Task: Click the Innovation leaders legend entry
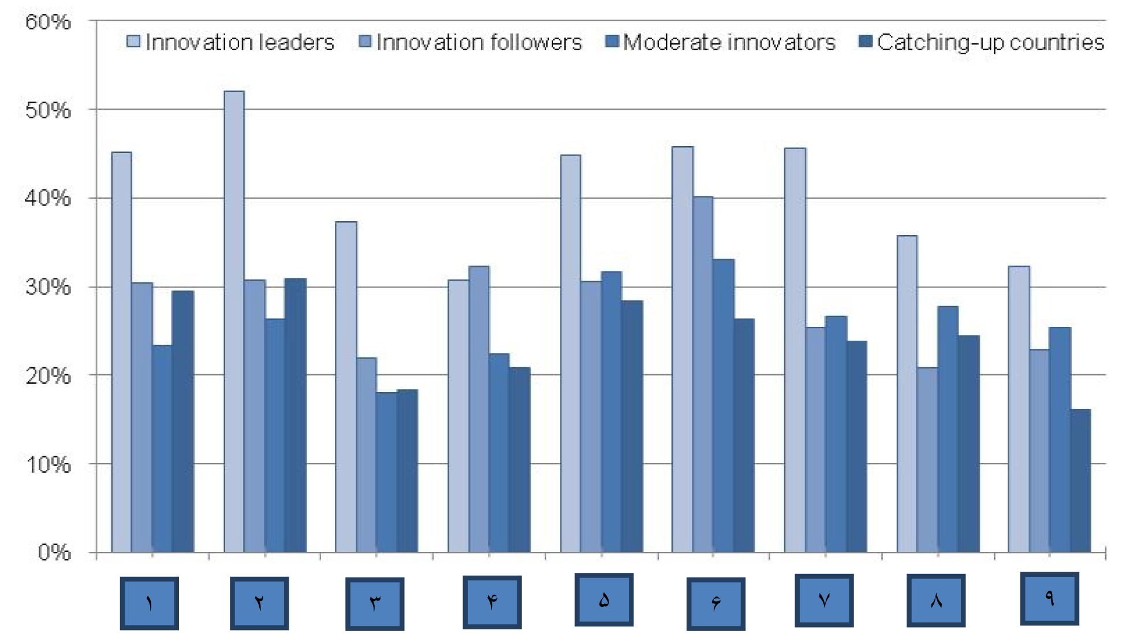231,42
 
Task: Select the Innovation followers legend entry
471,42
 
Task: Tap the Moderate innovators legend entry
721,42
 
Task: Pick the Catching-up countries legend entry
982,42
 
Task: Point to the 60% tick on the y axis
48,22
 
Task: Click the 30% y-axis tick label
48,287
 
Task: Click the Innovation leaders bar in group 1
121,352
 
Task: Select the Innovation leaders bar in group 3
346,387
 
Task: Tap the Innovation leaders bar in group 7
795,350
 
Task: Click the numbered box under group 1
150,603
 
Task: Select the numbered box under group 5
604,599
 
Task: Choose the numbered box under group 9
1049,598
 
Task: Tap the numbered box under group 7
824,600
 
